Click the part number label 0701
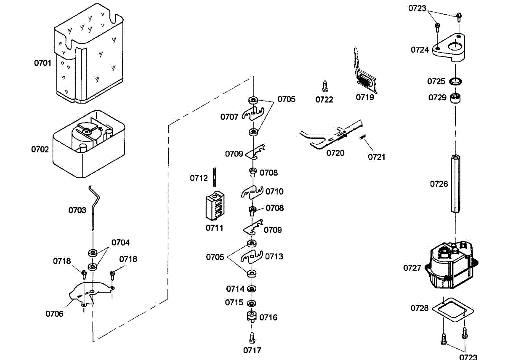pos(43,63)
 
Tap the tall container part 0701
pos(89,53)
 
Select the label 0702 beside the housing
pos(40,149)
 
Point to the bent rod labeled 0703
pos(94,208)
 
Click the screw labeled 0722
pos(325,86)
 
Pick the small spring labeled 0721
pos(363,137)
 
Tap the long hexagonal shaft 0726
pos(455,184)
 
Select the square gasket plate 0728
pos(453,309)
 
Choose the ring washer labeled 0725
pos(455,81)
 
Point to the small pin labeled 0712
pos(214,177)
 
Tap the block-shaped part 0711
pos(215,206)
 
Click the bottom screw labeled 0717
pos(252,338)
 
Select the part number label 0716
pos(268,317)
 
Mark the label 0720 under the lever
pos(335,153)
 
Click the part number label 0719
pos(365,97)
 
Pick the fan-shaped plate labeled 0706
pos(91,294)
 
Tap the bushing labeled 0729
pos(455,98)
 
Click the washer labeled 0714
pos(252,289)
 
